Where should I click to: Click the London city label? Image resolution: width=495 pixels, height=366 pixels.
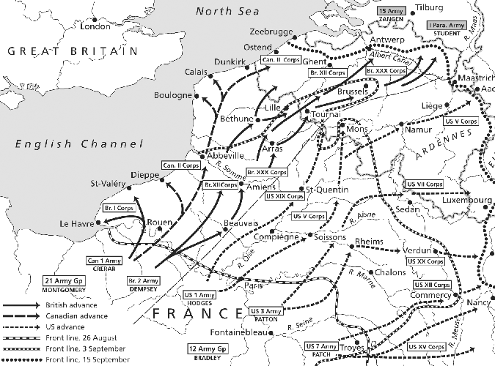tap(95, 26)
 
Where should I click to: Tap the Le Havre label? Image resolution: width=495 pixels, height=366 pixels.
tap(74, 223)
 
